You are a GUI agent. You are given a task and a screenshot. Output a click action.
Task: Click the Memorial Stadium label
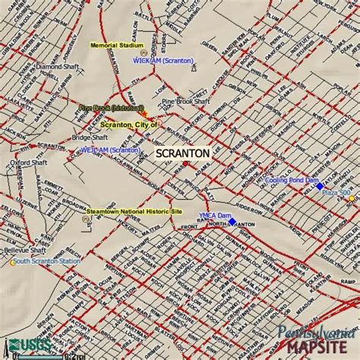pyautogui.click(x=114, y=46)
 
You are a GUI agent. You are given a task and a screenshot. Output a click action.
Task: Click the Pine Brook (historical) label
pyautogui.click(x=111, y=109)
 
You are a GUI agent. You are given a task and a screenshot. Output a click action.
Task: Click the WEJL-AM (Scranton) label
pyautogui.click(x=109, y=150)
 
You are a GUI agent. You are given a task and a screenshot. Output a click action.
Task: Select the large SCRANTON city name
pyautogui.click(x=182, y=153)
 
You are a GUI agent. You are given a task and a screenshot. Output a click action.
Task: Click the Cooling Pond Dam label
pyautogui.click(x=291, y=181)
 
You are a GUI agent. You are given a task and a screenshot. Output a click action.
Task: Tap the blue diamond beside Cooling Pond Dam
pyautogui.click(x=320, y=186)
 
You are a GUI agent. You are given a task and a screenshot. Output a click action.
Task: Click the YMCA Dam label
pyautogui.click(x=213, y=215)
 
